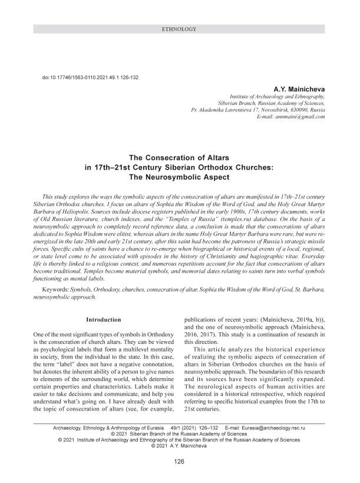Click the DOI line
tap(88, 77)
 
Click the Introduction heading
tap(104, 320)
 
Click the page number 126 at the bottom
tap(180, 462)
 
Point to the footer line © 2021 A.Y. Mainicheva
tap(180, 446)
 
